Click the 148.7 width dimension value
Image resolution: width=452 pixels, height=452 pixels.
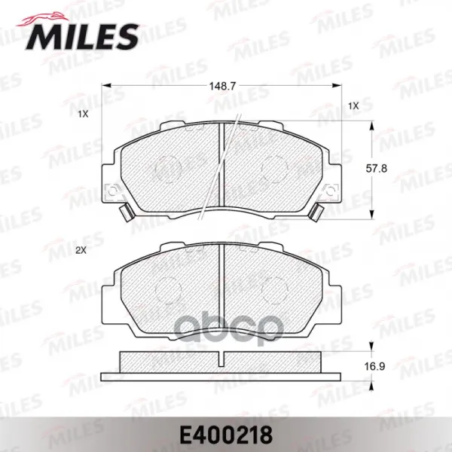(x=222, y=86)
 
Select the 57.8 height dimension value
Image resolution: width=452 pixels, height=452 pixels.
(x=377, y=168)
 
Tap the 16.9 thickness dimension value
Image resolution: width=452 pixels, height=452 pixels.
(x=374, y=367)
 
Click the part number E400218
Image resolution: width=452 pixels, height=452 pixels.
(x=226, y=435)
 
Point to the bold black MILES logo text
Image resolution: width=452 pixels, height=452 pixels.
(x=83, y=37)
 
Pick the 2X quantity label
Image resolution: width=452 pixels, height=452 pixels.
(x=81, y=251)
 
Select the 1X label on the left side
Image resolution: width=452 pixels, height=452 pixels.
(x=83, y=115)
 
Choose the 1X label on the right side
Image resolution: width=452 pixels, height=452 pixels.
(x=354, y=106)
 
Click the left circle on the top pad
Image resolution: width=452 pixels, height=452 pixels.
(x=168, y=169)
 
